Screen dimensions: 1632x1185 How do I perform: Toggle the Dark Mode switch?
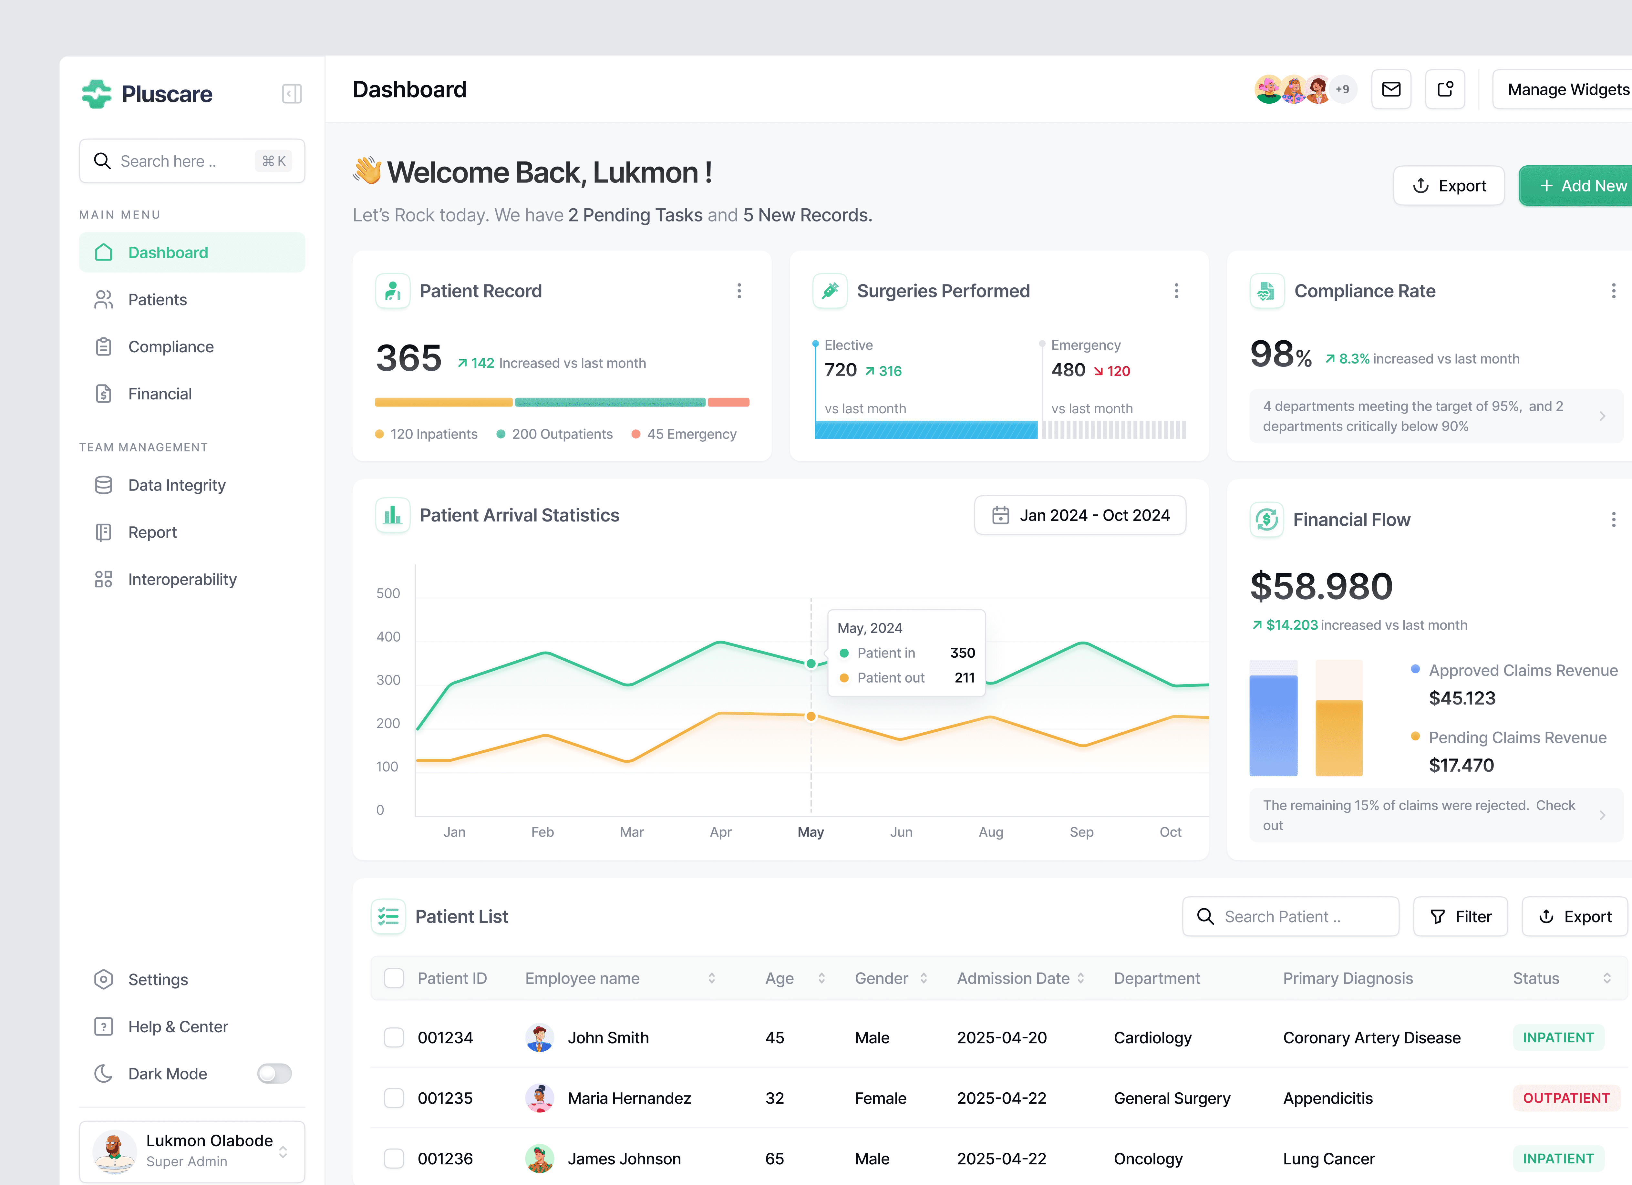pyautogui.click(x=274, y=1074)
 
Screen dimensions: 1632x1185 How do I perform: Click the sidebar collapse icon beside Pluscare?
pyautogui.click(x=291, y=94)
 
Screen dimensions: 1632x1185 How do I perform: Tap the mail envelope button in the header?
pyautogui.click(x=1391, y=89)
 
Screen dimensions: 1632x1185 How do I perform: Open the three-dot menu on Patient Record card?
pyautogui.click(x=739, y=291)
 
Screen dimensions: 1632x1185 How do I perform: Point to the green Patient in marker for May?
pyautogui.click(x=811, y=663)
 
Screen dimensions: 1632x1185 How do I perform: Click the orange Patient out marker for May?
pyautogui.click(x=811, y=716)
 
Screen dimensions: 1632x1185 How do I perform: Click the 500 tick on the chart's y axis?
pyautogui.click(x=388, y=593)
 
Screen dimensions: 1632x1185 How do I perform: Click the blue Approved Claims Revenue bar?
pyautogui.click(x=1273, y=725)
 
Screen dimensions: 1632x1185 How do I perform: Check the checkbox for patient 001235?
pyautogui.click(x=394, y=1098)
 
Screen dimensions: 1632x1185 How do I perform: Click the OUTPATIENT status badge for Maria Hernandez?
pyautogui.click(x=1566, y=1098)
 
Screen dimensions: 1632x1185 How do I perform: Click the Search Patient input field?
pyautogui.click(x=1290, y=917)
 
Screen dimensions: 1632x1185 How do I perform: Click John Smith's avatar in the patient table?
pyautogui.click(x=539, y=1037)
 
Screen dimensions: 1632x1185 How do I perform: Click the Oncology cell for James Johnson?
pyautogui.click(x=1148, y=1159)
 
